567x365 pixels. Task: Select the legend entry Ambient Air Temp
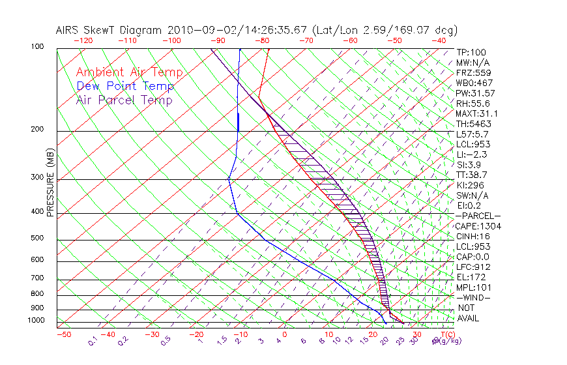129,72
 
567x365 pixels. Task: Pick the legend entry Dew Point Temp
125,86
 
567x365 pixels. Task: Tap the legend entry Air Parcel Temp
124,100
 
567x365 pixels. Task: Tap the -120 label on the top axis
83,40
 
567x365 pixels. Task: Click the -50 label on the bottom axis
63,334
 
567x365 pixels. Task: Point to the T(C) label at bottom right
446,334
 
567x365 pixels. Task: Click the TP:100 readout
471,52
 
